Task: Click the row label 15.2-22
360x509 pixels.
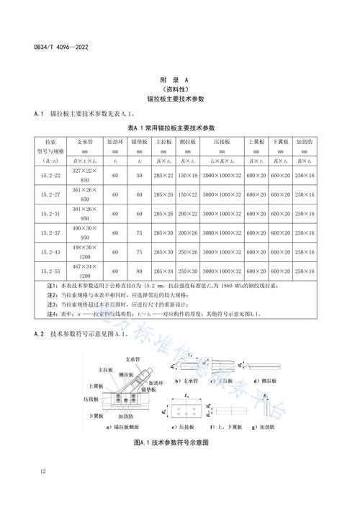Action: [x=50, y=175]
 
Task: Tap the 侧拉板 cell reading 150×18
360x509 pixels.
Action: [x=188, y=175]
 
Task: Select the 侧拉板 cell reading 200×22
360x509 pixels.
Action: [x=188, y=214]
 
